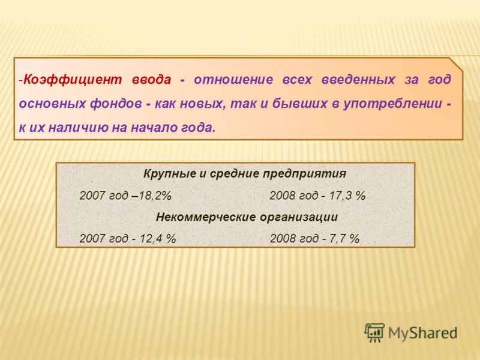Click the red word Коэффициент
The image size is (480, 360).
click(73, 80)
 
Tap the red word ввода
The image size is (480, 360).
click(151, 80)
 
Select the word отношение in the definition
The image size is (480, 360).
click(233, 80)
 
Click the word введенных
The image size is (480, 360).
click(358, 80)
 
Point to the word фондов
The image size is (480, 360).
click(116, 103)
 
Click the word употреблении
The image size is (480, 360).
click(393, 104)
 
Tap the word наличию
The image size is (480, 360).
click(79, 128)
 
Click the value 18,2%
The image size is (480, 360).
click(155, 196)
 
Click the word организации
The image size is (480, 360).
click(299, 217)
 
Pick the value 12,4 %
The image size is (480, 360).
click(158, 239)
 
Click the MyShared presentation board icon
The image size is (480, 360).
click(374, 332)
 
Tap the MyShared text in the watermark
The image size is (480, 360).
click(423, 334)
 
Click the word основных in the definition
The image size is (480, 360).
click(52, 103)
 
